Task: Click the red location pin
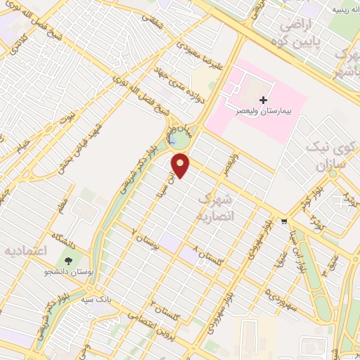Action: tap(181, 165)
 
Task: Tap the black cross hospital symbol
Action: tap(264, 99)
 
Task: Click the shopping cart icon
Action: tap(283, 221)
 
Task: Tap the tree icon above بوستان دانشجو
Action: tap(78, 251)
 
